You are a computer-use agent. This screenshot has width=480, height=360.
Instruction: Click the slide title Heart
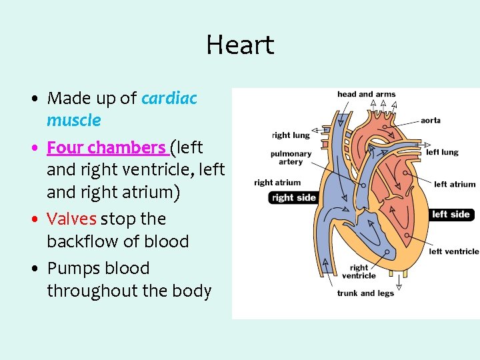coord(240,45)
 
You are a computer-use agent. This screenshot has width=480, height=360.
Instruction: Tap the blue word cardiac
coord(169,99)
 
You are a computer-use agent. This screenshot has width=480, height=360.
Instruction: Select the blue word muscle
coord(73,121)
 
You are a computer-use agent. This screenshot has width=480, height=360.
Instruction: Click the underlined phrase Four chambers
coord(107,147)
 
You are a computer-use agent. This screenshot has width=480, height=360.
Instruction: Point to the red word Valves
coord(71,219)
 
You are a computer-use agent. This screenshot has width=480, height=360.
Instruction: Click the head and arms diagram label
coord(366,95)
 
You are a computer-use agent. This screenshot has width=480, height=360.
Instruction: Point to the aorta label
coord(431,121)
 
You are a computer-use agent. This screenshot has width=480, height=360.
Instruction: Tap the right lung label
coord(291,135)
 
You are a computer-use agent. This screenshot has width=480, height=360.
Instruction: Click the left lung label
coord(442,152)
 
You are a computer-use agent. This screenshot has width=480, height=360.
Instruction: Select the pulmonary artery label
coord(291,158)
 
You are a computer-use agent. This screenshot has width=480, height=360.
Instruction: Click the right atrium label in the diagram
coord(277,183)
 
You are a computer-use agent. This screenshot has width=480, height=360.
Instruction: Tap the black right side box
coord(294,197)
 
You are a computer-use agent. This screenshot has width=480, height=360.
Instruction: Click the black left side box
coord(451,215)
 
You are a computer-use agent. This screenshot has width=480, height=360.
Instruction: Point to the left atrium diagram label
coord(455,185)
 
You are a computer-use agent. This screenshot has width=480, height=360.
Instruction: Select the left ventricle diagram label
coord(454,251)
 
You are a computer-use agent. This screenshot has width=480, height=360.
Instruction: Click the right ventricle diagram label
coord(359,272)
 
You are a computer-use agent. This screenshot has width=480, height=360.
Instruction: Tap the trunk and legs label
coord(365,293)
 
